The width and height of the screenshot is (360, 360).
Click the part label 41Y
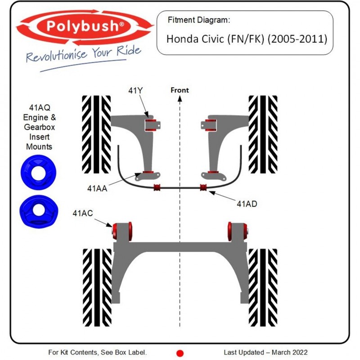tap(135, 90)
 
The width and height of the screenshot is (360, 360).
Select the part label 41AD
tap(247, 203)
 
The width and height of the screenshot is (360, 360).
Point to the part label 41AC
tap(83, 213)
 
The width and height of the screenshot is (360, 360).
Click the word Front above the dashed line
tap(180, 90)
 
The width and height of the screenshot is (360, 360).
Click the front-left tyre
tap(96, 134)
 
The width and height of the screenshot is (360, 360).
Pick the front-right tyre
tap(263, 134)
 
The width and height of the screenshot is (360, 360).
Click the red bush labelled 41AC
tap(123, 230)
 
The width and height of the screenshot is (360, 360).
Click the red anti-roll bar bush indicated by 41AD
tap(203, 187)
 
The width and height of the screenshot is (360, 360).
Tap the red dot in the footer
tap(180, 353)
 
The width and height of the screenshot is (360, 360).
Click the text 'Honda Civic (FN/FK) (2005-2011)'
tap(247, 39)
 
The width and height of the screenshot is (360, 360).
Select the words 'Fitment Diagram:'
tap(198, 20)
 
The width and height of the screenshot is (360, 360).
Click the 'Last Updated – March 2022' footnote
tap(265, 352)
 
